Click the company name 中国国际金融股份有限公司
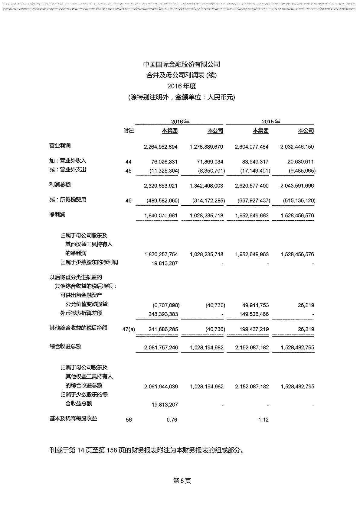tap(182, 64)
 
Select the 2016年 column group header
tap(180, 122)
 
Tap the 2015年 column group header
tap(271, 122)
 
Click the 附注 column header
tap(129, 131)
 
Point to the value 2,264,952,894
tap(161, 147)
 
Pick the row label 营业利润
tap(60, 146)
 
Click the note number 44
tap(129, 162)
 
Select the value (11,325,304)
tap(164, 171)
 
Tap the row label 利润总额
tap(60, 185)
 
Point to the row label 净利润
tap(57, 215)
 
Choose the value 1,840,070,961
tap(161, 216)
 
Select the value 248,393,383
tap(163, 314)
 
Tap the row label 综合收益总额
tap(65, 346)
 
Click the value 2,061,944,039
tap(161, 387)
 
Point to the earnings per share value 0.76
tap(172, 420)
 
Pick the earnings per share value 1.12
tap(263, 420)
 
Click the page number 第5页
tap(182, 481)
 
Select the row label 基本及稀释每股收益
tap(73, 419)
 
